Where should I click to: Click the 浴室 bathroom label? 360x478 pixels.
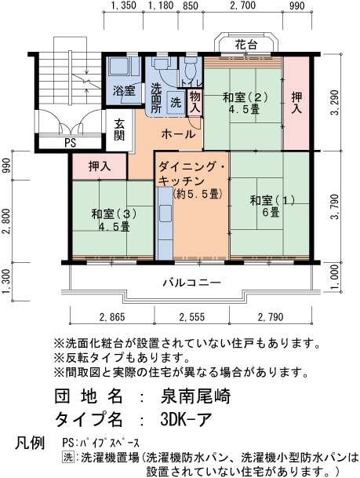point(123,90)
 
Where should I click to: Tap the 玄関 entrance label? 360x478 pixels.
point(119,129)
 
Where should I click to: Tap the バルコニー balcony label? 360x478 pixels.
point(192,282)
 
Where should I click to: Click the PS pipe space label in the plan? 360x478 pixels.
point(70,144)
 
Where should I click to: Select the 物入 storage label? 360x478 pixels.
point(195,101)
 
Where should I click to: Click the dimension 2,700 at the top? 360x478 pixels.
point(244,6)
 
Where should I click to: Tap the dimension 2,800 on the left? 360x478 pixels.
point(7,222)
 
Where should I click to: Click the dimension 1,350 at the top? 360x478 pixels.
point(124,6)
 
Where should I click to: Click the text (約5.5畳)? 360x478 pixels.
point(197,193)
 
